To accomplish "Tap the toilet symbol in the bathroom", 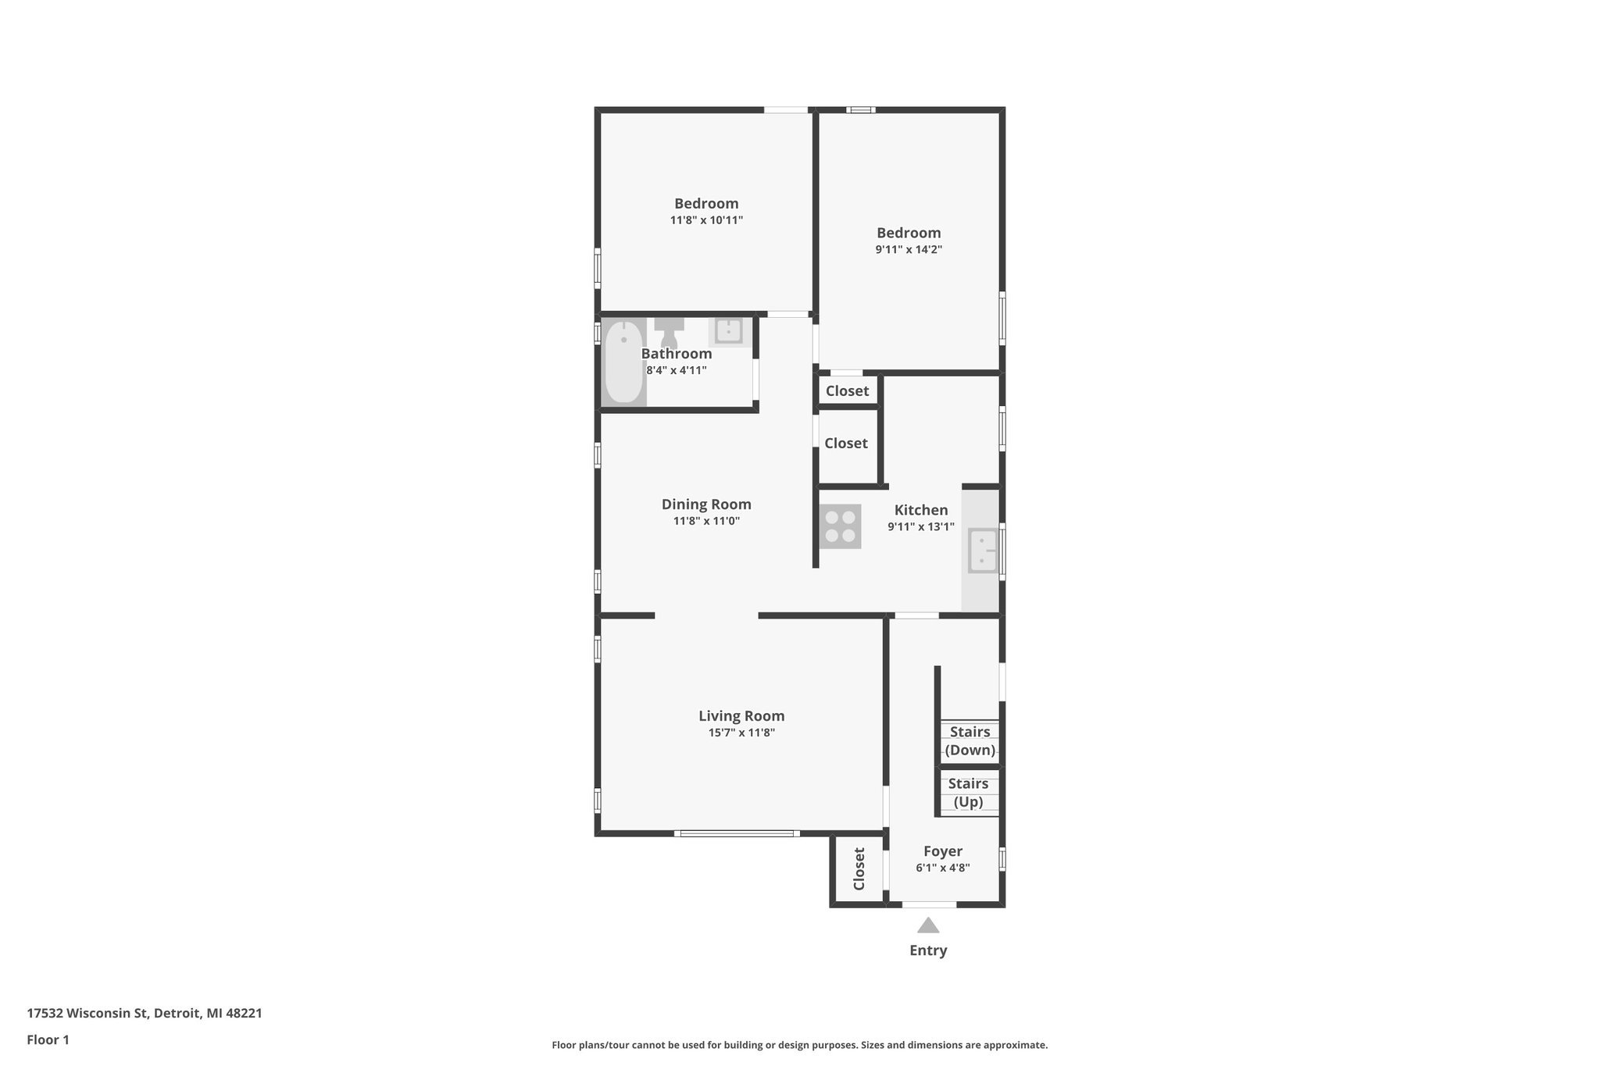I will click(669, 333).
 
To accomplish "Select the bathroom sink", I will click(728, 331).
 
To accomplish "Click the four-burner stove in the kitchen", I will click(840, 526).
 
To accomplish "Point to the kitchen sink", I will click(982, 550).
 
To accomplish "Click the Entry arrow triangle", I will click(928, 926).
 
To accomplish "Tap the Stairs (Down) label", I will click(970, 741).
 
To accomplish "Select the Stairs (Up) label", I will click(968, 793).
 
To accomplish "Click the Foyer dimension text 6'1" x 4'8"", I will click(942, 868).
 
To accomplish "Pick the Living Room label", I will click(741, 716).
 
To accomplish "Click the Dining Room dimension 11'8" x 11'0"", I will click(706, 521).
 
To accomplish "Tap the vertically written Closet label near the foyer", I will click(859, 868).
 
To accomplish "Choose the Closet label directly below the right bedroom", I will click(847, 391).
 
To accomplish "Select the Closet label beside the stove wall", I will click(846, 444).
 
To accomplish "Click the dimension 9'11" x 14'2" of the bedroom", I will click(909, 250).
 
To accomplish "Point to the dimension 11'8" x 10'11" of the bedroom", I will click(706, 220).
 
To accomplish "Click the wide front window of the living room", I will click(736, 833).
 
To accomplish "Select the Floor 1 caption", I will click(48, 1040).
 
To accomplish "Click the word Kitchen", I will click(921, 510).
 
